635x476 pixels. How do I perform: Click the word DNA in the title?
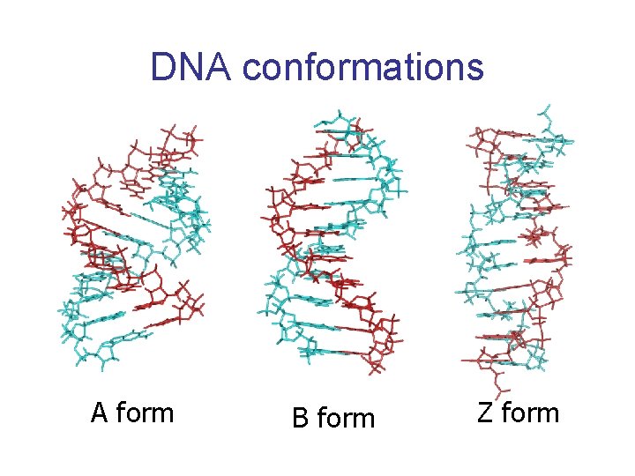coord(190,66)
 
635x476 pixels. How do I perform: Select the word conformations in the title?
coord(362,66)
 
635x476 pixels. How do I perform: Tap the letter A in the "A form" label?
coord(100,412)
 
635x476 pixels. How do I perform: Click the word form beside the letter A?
coord(145,412)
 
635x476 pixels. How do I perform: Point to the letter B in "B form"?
coord(300,417)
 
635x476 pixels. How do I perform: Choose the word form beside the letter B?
coord(346,416)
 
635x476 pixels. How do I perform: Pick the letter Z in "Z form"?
coord(485,413)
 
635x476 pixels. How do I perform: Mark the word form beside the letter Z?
coord(531,412)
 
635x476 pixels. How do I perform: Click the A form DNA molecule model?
coord(134,247)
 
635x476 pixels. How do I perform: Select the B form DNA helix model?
coord(332,243)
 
